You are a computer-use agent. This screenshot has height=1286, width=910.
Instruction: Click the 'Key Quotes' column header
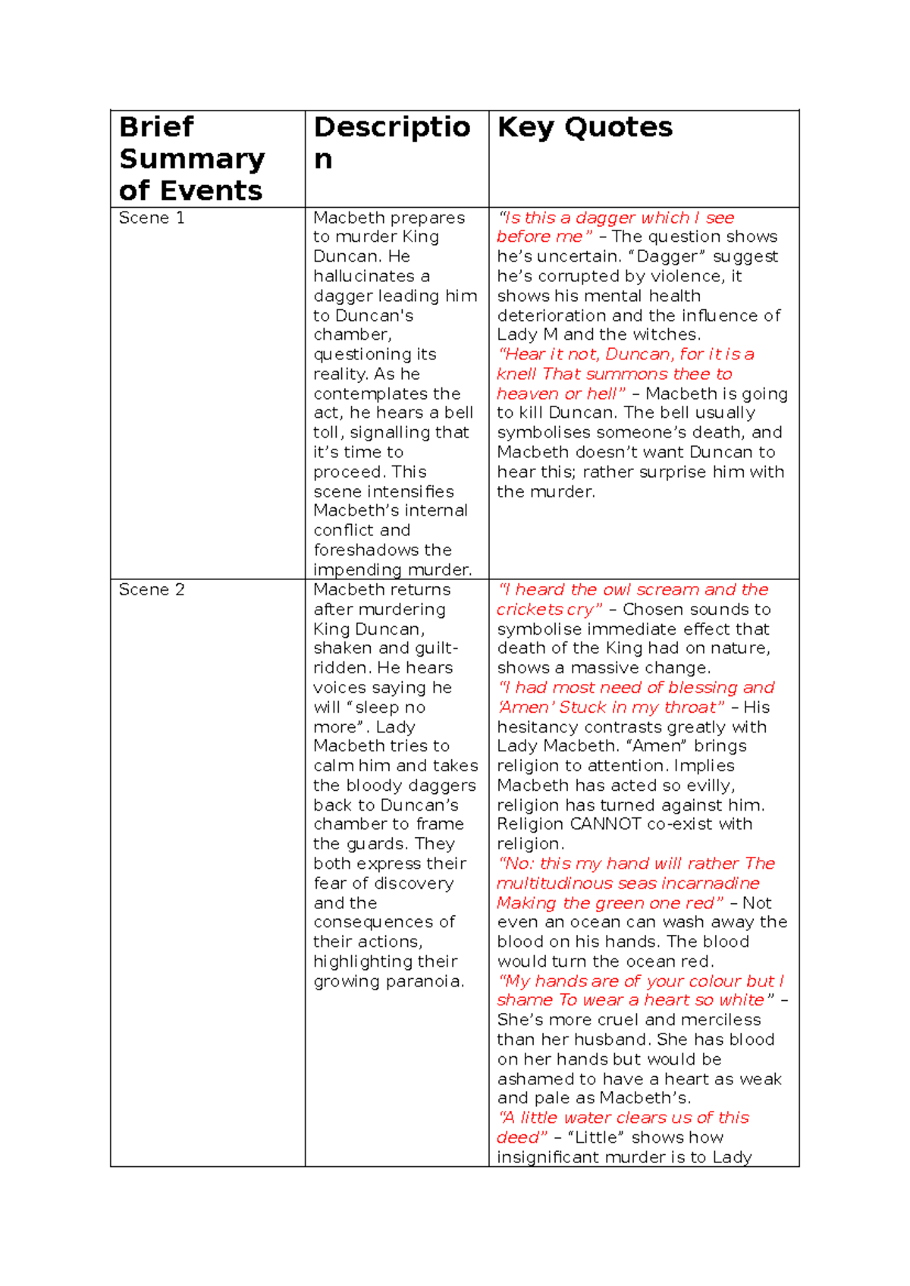coord(585,127)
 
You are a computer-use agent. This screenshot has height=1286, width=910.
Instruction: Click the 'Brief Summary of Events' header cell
coord(192,158)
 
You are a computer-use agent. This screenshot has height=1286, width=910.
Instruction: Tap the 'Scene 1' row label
coord(152,218)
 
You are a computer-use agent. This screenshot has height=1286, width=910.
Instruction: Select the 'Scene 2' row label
coord(152,589)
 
